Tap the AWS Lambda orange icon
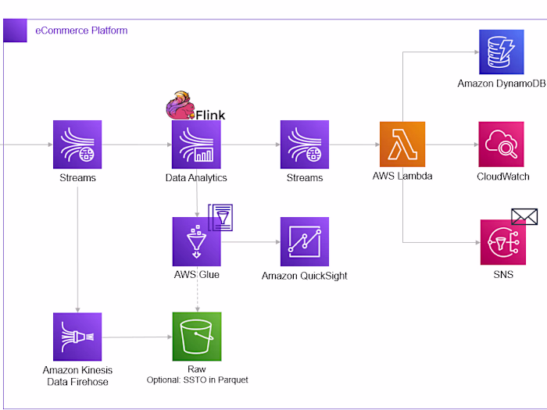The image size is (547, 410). [x=402, y=144]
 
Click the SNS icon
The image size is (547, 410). [x=504, y=242]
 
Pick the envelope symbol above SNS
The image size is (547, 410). [x=525, y=216]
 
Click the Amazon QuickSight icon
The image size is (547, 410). [x=305, y=242]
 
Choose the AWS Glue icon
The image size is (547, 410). [x=197, y=242]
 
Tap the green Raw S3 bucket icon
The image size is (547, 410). [x=197, y=337]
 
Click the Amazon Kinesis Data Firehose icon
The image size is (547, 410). [x=77, y=337]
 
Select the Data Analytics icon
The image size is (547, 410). [x=197, y=144]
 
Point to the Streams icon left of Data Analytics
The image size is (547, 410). [x=77, y=144]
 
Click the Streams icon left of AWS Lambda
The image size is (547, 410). [x=305, y=144]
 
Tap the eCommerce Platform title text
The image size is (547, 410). [x=81, y=30]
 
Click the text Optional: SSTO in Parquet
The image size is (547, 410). [x=197, y=380]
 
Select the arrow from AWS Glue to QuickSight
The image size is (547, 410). [x=250, y=242]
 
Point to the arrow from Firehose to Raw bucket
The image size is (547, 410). [x=137, y=337]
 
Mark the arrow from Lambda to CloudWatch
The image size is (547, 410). [x=453, y=144]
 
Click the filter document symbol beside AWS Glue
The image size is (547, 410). [x=220, y=216]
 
